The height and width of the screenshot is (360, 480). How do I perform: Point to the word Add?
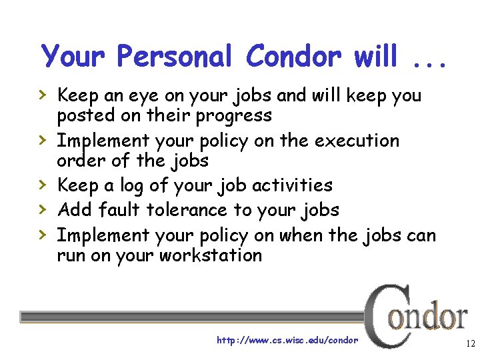click(75, 211)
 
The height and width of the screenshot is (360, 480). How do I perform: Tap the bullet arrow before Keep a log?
click(44, 185)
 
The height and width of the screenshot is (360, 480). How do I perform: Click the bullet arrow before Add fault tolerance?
click(44, 210)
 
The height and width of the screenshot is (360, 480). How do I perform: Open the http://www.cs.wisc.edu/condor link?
click(287, 341)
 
